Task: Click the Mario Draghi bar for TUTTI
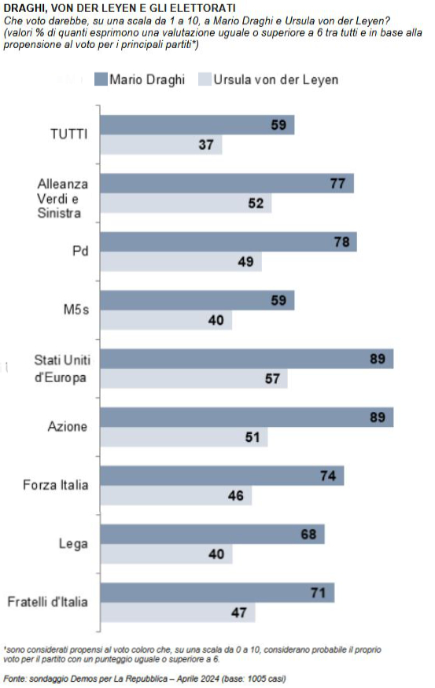[x=197, y=125]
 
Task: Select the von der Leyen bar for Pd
[x=181, y=262]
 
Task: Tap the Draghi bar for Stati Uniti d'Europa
[x=247, y=359]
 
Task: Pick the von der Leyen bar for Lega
[x=166, y=554]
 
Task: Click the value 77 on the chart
[x=337, y=183]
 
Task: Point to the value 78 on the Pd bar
[x=341, y=241]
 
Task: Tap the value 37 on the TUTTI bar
[x=206, y=145]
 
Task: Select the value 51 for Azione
[x=253, y=437]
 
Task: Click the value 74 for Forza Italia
[x=328, y=476]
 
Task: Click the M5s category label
[x=76, y=310]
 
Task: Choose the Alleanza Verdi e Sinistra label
[x=62, y=198]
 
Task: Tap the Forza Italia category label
[x=56, y=485]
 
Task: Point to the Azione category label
[x=67, y=426]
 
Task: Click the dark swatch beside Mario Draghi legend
[x=101, y=79]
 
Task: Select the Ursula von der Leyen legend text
[x=275, y=80]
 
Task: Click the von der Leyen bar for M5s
[x=166, y=320]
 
